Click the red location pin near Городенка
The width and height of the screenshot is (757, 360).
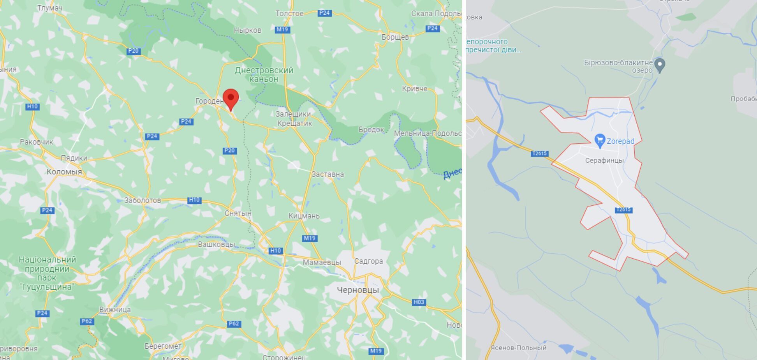click(231, 99)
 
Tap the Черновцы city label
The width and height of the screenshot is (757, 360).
click(357, 290)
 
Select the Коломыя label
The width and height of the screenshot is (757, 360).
click(64, 172)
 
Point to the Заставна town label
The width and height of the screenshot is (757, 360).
click(327, 174)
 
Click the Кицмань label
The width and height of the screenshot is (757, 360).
click(304, 216)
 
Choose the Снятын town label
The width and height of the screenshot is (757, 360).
click(238, 214)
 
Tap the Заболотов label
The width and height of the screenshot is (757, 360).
click(142, 200)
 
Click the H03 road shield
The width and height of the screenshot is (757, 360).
click(419, 302)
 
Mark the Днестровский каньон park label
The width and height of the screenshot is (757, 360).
click(264, 74)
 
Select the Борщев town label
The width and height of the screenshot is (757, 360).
click(395, 37)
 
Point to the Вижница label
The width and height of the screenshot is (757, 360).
click(115, 310)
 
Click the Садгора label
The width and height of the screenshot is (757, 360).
click(368, 261)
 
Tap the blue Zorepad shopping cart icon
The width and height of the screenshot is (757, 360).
click(600, 141)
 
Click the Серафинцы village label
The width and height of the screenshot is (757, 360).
click(604, 161)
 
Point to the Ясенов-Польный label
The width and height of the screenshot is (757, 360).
click(518, 348)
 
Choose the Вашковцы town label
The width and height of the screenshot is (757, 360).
click(216, 244)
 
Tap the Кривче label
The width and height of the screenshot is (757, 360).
click(414, 88)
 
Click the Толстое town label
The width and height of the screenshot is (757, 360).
click(289, 14)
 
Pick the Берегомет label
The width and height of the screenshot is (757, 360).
click(163, 346)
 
